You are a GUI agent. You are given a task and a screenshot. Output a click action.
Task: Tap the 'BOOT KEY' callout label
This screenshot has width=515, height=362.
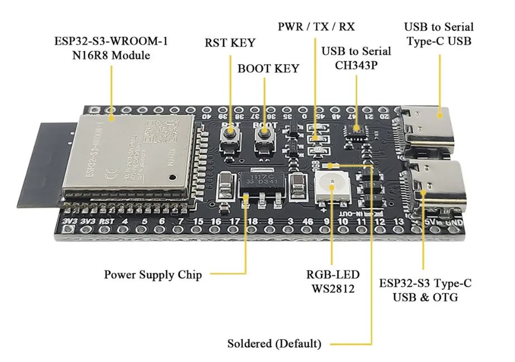(268, 69)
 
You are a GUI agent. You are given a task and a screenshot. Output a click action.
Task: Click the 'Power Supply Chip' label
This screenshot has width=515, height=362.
(153, 274)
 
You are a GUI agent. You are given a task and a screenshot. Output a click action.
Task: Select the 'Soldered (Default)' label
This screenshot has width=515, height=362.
(274, 343)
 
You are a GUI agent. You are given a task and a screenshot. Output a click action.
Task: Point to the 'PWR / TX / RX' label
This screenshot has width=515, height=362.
(316, 26)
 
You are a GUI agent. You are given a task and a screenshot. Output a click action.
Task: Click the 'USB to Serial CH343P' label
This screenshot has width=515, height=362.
(356, 57)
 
